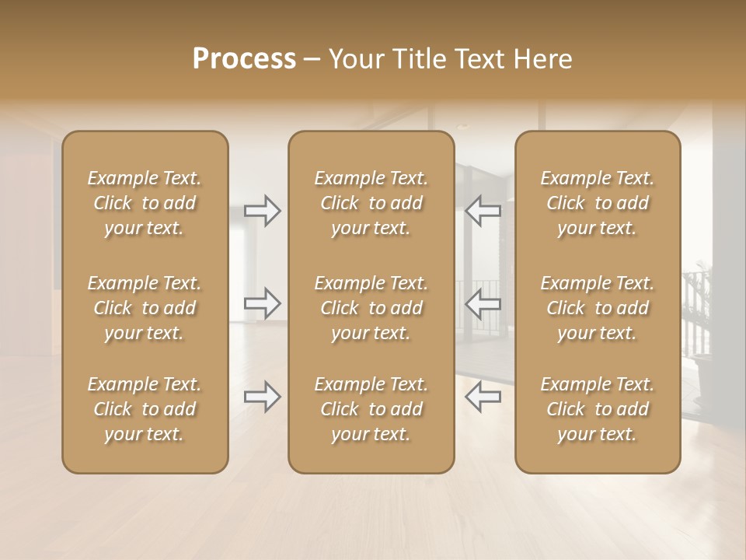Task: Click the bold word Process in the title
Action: [x=244, y=59]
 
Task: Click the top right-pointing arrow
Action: [x=263, y=211]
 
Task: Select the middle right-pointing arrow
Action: [x=263, y=303]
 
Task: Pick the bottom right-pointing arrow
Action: [x=263, y=397]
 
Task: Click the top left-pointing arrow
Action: [x=483, y=211]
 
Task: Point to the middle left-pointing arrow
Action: [x=483, y=303]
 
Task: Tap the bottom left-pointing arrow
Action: [x=483, y=397]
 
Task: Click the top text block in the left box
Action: [x=145, y=203]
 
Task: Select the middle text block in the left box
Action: [x=145, y=308]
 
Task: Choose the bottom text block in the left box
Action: [x=145, y=409]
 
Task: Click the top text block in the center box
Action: [x=371, y=203]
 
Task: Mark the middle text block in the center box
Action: [x=371, y=308]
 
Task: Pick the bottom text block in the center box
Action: [x=371, y=409]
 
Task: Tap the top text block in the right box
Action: [x=598, y=203]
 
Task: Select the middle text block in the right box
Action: [x=598, y=308]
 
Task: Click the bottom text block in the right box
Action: [x=598, y=409]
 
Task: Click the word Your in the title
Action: [x=355, y=59]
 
